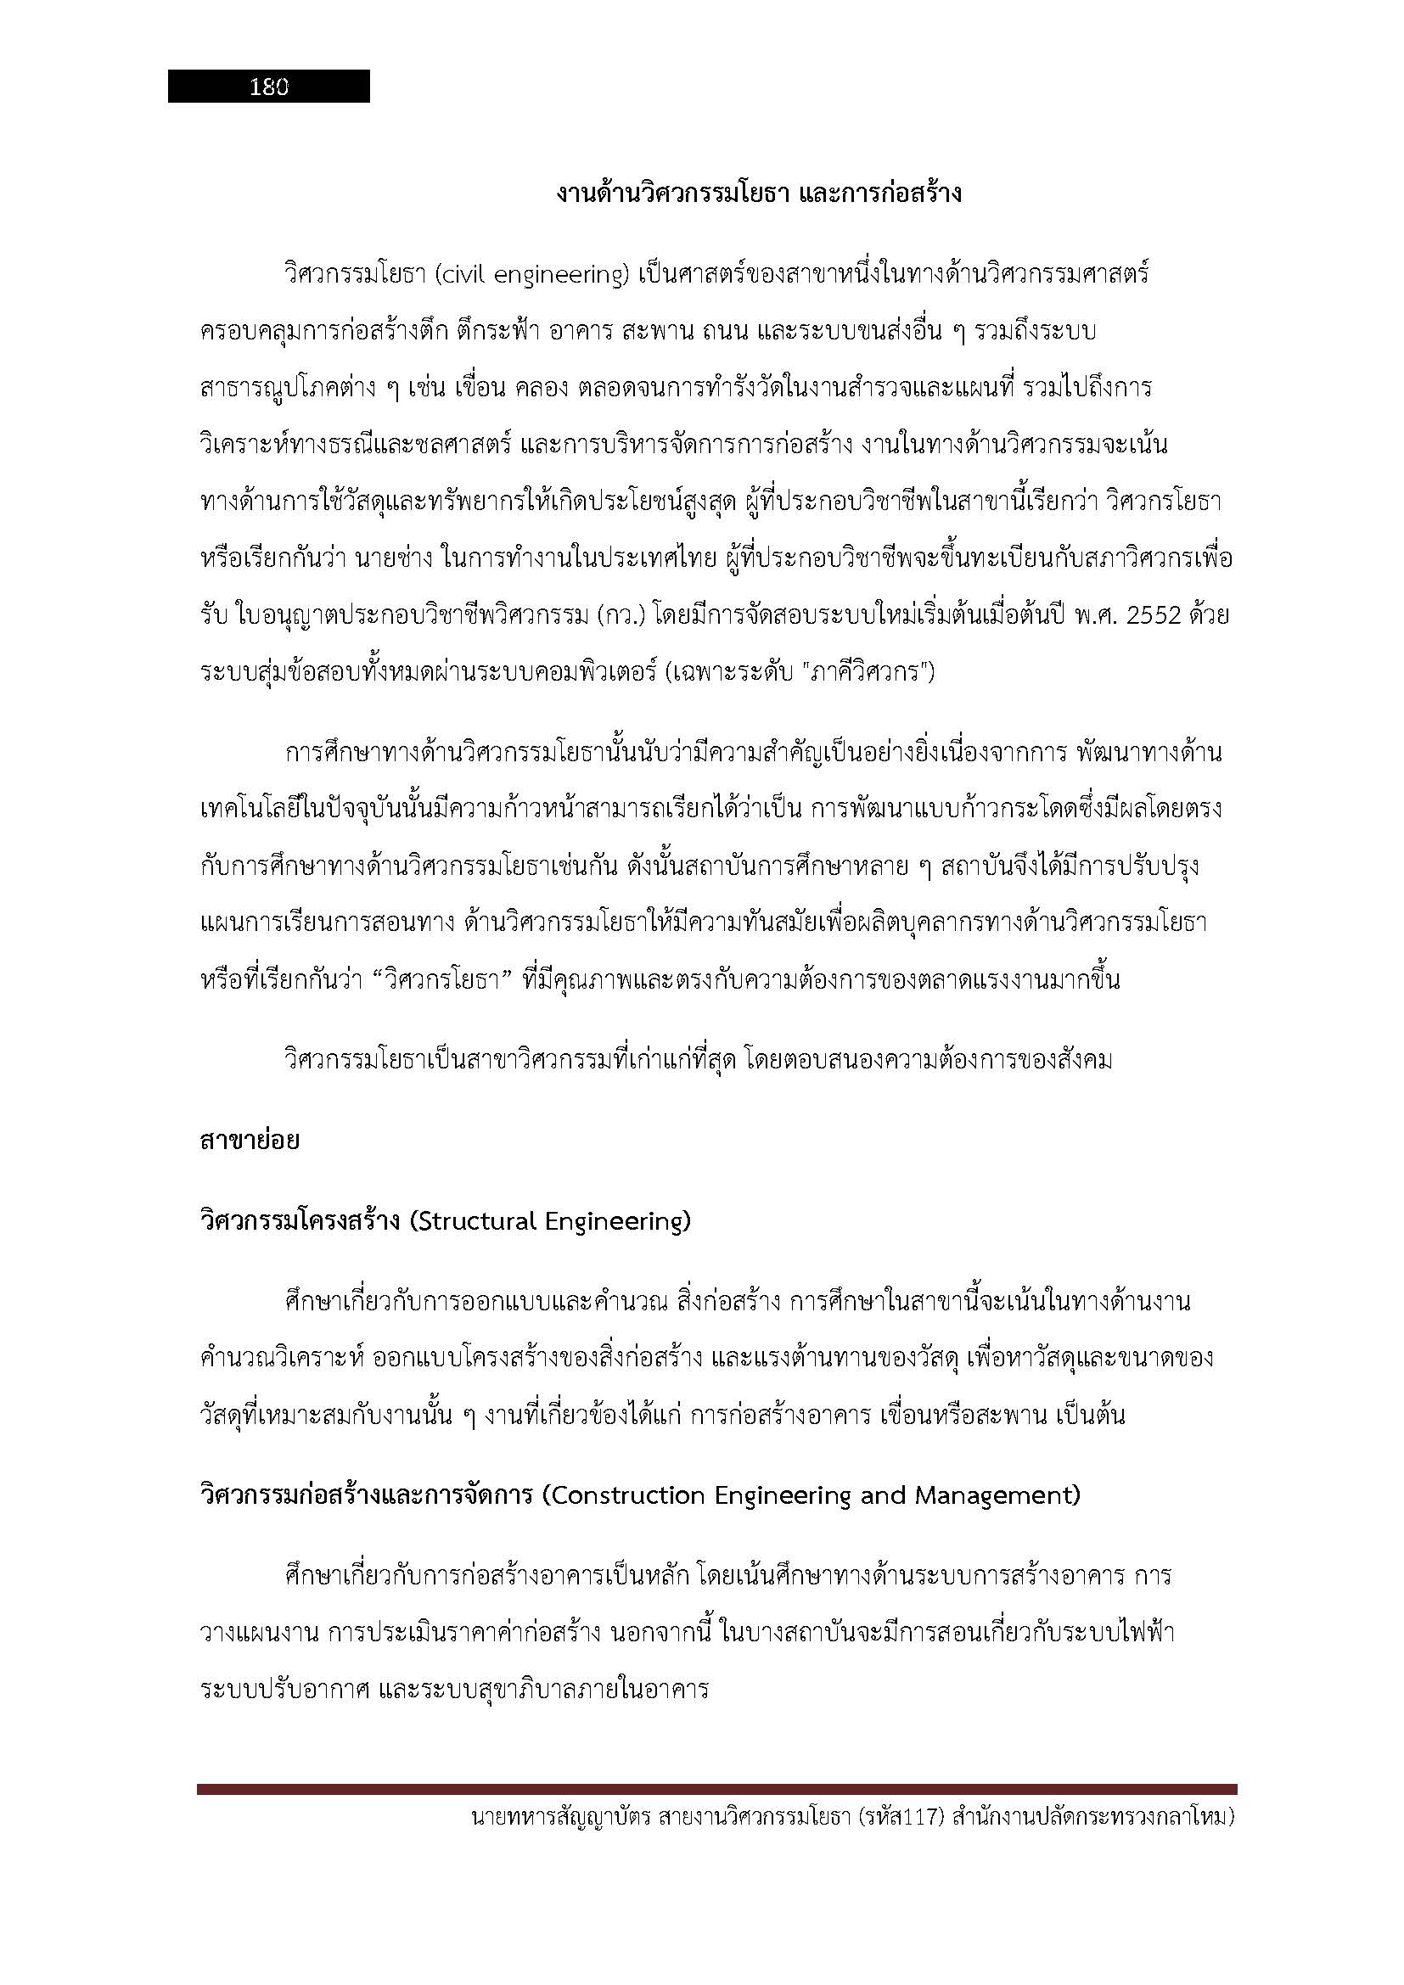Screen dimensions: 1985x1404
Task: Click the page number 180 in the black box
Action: pos(269,87)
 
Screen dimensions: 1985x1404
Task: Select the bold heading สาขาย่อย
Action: pos(250,1141)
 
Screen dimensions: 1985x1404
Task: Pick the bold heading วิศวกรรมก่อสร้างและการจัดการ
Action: pos(366,1495)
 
